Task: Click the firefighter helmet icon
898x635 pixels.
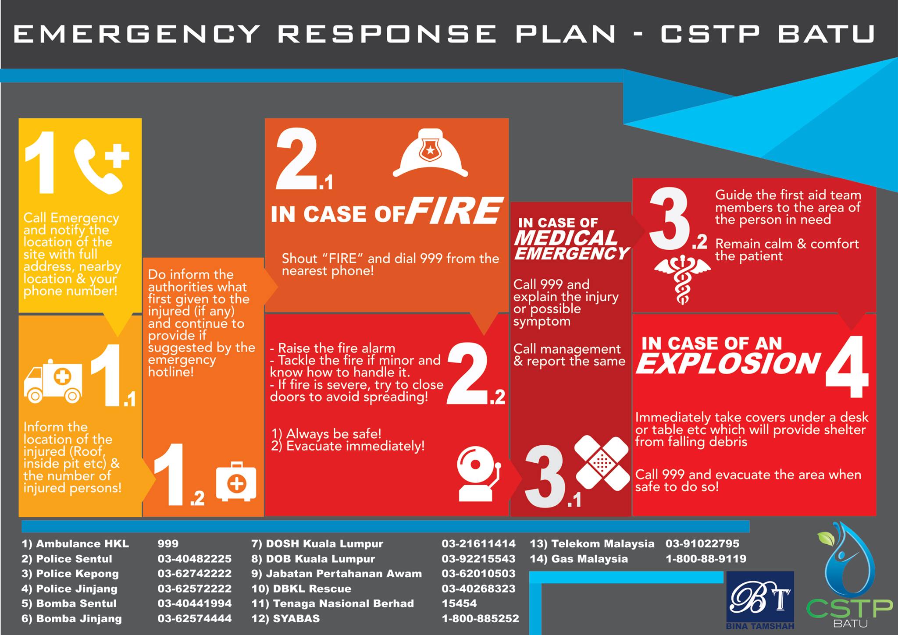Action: (x=430, y=153)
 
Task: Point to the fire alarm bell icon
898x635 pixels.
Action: (x=478, y=474)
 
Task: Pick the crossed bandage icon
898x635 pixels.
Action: (x=601, y=463)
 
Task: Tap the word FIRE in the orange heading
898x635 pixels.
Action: (x=453, y=211)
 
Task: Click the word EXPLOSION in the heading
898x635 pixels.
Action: (x=728, y=363)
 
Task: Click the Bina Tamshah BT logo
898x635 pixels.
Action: (x=760, y=600)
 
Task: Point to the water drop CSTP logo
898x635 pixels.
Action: (x=850, y=574)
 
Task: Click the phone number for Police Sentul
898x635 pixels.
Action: (x=194, y=559)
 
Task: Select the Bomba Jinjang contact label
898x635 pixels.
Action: (x=71, y=619)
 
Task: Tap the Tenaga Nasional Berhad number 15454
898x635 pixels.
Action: (x=459, y=603)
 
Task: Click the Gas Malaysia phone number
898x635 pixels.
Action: (x=706, y=559)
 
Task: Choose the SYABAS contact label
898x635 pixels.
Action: (x=285, y=619)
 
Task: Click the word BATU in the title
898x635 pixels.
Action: (x=827, y=34)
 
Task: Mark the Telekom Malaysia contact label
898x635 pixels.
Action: (x=592, y=544)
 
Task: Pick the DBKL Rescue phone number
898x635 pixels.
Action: (x=478, y=589)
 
